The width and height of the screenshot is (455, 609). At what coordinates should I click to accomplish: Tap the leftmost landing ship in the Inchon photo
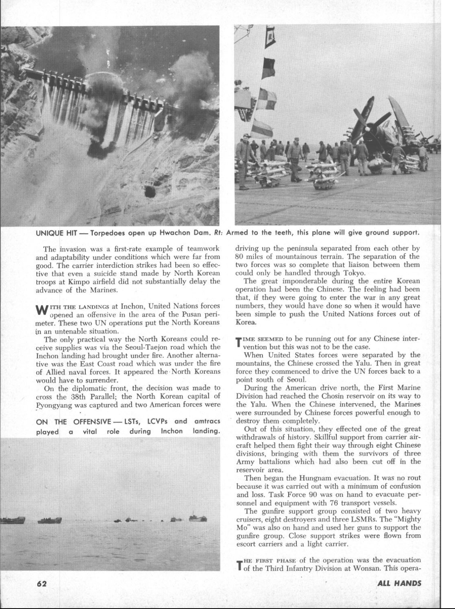tap(12, 520)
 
